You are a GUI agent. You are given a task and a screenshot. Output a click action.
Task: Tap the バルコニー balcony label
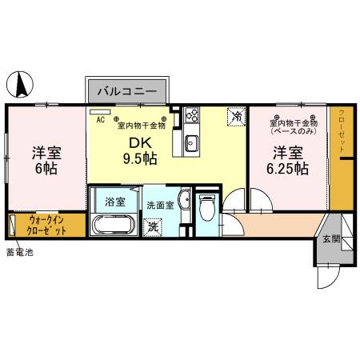(127, 91)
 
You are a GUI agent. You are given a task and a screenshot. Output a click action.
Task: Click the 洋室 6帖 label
(46, 160)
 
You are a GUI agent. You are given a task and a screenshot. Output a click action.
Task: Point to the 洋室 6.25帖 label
(287, 160)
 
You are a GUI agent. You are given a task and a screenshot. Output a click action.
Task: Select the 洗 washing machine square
(152, 227)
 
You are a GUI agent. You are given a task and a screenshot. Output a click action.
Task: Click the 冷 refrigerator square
(236, 117)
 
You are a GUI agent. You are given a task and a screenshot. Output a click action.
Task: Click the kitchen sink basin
(192, 143)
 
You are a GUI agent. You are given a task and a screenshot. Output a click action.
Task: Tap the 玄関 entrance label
(331, 238)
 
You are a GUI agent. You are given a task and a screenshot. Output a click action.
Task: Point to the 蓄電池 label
(19, 254)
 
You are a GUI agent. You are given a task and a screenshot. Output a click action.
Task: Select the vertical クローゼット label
(342, 132)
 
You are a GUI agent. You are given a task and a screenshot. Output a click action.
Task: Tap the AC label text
(101, 120)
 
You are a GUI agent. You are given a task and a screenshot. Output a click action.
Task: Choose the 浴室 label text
(115, 201)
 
